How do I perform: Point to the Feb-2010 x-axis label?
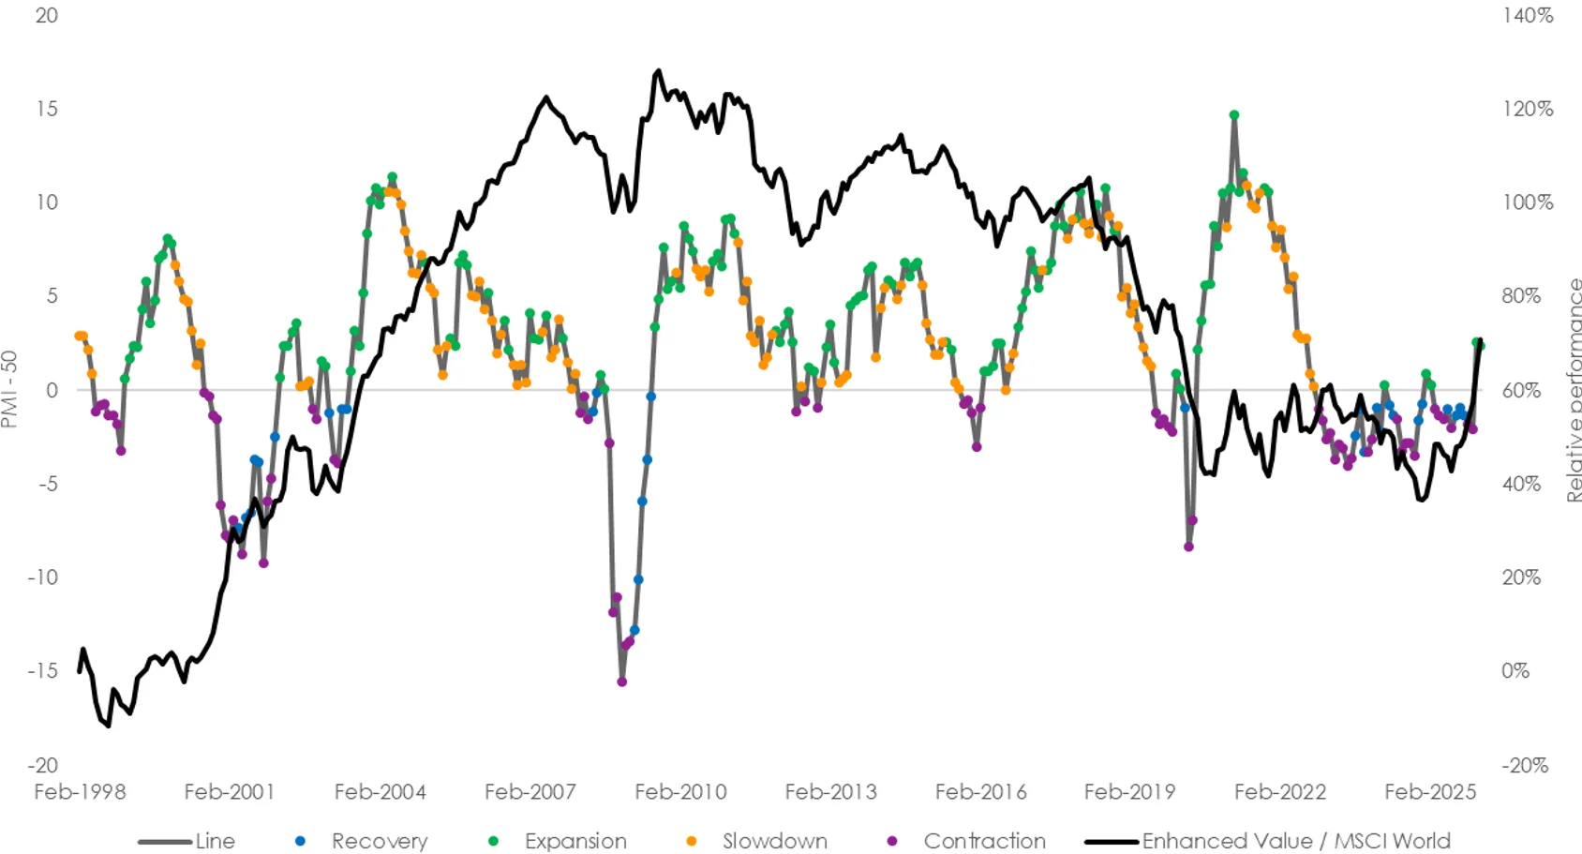pos(680,792)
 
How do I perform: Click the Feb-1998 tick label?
pos(80,792)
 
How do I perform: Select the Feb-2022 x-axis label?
pos(1280,792)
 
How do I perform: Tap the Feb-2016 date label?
pos(980,792)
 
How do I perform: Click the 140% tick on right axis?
pos(1528,15)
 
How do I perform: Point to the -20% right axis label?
pos(1525,765)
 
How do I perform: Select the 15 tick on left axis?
pos(47,109)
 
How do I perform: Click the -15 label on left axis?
pos(43,671)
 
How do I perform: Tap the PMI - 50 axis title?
pos(10,389)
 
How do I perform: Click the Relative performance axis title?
pos(1573,389)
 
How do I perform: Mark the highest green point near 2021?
pos(1234,115)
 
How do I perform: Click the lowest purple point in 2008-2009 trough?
pos(622,682)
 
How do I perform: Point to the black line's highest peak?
pos(658,70)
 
